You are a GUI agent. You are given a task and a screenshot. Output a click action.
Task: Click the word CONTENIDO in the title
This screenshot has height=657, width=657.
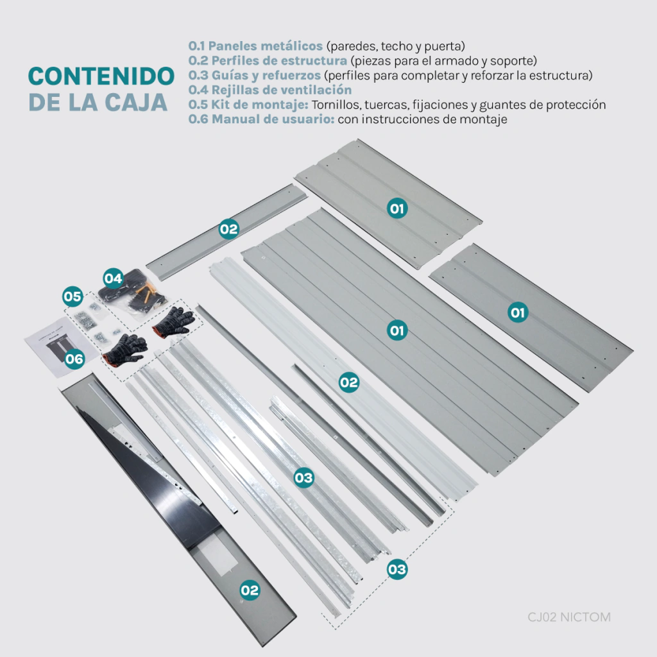pyautogui.click(x=101, y=76)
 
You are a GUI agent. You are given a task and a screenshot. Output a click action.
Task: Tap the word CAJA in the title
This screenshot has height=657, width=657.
pyautogui.click(x=136, y=102)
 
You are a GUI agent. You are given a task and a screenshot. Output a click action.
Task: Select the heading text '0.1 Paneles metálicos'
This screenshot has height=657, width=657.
pyautogui.click(x=255, y=46)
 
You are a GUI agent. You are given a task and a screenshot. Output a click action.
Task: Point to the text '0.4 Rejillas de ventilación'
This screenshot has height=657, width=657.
pyautogui.click(x=270, y=90)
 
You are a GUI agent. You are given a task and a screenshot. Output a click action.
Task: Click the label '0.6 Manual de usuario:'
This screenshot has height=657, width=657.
pyautogui.click(x=262, y=119)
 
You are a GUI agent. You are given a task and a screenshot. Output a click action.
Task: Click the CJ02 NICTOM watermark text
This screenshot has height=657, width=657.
pyautogui.click(x=569, y=617)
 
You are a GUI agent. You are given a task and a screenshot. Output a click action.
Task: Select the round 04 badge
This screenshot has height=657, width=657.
pyautogui.click(x=113, y=278)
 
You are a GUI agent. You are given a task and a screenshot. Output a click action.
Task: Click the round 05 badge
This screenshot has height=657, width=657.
pyautogui.click(x=73, y=296)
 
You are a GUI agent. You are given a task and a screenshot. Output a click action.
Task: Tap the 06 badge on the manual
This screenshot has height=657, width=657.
pyautogui.click(x=74, y=359)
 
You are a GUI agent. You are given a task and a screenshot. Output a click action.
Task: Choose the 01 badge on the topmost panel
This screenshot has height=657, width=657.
pyautogui.click(x=397, y=209)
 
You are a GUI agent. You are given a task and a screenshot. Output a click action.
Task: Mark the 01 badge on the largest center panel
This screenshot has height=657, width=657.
pyautogui.click(x=397, y=330)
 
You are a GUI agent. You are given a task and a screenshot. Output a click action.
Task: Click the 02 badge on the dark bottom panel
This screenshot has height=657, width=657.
pyautogui.click(x=250, y=590)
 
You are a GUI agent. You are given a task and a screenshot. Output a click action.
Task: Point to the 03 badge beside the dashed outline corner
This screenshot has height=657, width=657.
pyautogui.click(x=397, y=570)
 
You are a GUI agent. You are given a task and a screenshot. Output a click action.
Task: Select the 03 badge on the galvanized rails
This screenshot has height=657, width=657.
pyautogui.click(x=303, y=477)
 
